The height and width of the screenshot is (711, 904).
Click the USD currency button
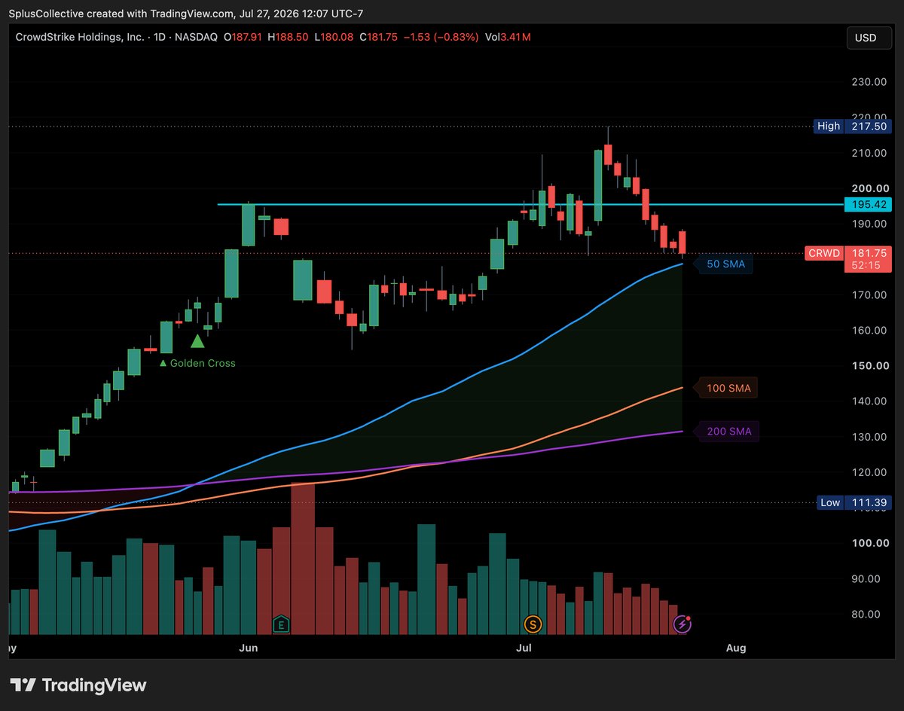869,38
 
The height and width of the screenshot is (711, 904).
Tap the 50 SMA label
725,264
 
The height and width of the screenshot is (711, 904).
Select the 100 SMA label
728,388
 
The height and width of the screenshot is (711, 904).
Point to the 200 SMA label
728,432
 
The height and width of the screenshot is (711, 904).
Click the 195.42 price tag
868,205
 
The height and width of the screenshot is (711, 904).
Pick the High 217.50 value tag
852,127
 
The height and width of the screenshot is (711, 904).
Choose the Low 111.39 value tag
854,502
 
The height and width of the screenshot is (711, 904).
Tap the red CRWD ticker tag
824,253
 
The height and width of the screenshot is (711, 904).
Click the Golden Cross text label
197,363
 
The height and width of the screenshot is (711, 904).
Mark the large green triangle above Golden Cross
197,341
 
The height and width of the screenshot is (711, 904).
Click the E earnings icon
281,624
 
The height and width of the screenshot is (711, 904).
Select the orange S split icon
533,624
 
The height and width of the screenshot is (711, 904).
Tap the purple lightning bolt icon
683,624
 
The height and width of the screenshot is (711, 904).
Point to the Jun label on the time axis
249,648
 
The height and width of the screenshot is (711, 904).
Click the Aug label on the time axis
736,648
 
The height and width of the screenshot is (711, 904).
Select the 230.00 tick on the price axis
869,82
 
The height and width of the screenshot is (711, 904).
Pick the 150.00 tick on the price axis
870,366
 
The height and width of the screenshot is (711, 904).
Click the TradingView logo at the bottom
78,685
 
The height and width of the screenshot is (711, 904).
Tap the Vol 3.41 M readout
508,37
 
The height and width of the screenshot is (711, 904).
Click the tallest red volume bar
302,558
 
